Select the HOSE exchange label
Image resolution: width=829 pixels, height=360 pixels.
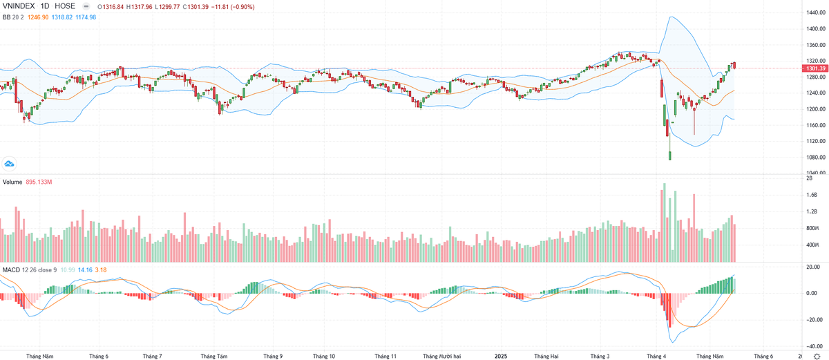click(x=65, y=6)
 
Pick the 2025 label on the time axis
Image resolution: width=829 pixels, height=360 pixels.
click(x=502, y=357)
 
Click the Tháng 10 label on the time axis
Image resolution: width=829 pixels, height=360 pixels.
click(x=323, y=357)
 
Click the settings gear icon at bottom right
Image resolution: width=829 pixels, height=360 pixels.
click(x=817, y=356)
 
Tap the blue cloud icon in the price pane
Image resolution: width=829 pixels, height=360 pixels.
click(x=9, y=163)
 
